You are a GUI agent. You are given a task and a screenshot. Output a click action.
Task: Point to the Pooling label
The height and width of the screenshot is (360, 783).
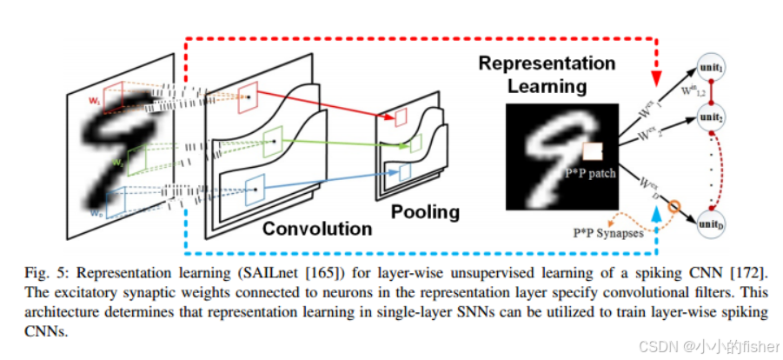click(425, 211)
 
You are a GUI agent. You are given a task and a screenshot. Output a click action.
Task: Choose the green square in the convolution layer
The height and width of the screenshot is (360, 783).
click(271, 139)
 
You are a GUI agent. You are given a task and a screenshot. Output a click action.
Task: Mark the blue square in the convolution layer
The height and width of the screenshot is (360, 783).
click(255, 186)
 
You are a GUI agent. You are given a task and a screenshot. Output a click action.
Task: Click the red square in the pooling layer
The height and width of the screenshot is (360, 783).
click(401, 117)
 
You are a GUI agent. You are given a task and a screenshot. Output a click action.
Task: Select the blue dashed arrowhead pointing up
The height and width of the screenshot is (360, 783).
click(655, 209)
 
